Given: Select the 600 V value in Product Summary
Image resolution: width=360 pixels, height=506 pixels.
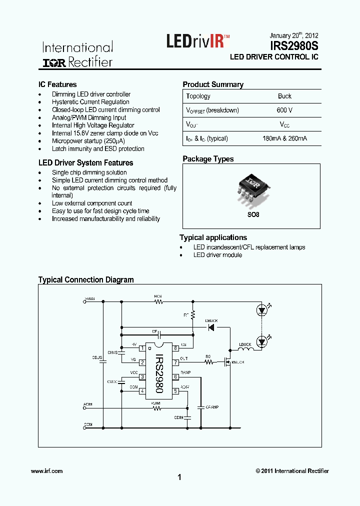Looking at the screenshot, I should (x=284, y=110).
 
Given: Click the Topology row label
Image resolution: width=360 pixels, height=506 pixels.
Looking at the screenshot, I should (x=198, y=96).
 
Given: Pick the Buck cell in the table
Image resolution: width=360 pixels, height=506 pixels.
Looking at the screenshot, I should (x=284, y=96).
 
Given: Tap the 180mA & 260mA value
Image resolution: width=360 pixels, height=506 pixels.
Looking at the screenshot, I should (x=284, y=138).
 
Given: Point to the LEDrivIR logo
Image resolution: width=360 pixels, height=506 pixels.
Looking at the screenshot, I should (x=198, y=40).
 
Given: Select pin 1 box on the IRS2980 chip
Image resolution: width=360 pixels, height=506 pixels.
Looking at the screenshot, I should (x=142, y=348).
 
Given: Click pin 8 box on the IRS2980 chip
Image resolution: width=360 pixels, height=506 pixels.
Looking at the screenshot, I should (x=175, y=348).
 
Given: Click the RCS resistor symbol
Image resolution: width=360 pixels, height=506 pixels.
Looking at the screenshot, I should (x=158, y=301).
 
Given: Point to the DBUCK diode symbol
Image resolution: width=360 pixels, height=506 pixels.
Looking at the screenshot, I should (x=211, y=327).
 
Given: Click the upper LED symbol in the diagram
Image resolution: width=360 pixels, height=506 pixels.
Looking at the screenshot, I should (x=261, y=310).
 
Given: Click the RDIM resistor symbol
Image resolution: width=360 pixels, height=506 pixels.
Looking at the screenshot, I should (x=157, y=408).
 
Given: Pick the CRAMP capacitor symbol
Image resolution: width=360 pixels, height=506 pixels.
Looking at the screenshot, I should (x=200, y=407).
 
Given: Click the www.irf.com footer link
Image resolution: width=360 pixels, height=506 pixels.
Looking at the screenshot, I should (x=46, y=471).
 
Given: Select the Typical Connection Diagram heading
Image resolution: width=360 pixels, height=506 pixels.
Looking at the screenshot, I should (x=86, y=280).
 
